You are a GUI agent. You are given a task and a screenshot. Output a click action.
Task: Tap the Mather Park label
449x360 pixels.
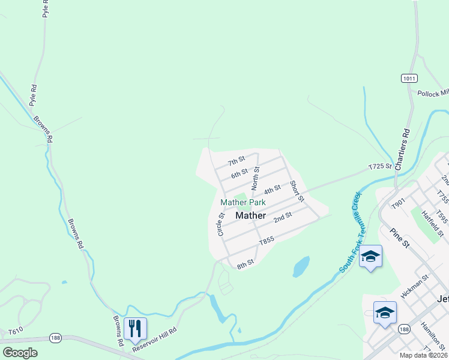pyautogui.click(x=243, y=203)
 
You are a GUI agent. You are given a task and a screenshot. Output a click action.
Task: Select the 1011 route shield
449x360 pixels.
pyautogui.click(x=409, y=79)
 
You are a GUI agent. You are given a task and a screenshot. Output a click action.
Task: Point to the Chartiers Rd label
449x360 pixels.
pyautogui.click(x=402, y=149)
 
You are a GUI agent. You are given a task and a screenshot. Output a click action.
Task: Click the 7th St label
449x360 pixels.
pyautogui.click(x=237, y=161)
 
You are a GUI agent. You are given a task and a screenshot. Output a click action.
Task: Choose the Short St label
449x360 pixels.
pyautogui.click(x=297, y=191)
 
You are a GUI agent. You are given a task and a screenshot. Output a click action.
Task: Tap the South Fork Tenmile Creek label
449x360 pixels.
pyautogui.click(x=351, y=232)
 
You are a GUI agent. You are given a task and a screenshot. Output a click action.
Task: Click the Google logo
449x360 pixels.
pyautogui.click(x=20, y=353)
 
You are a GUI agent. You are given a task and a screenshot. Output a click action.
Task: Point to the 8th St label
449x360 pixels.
pyautogui.click(x=246, y=263)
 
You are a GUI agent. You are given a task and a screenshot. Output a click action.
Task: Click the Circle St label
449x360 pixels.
pyautogui.click(x=221, y=224)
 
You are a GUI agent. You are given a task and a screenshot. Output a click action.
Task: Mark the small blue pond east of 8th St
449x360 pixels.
pyautogui.click(x=301, y=266)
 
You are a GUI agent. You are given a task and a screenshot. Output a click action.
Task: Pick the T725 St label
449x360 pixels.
pyautogui.click(x=380, y=166)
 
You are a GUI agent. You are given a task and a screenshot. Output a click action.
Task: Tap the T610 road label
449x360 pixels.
pyautogui.click(x=15, y=331)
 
